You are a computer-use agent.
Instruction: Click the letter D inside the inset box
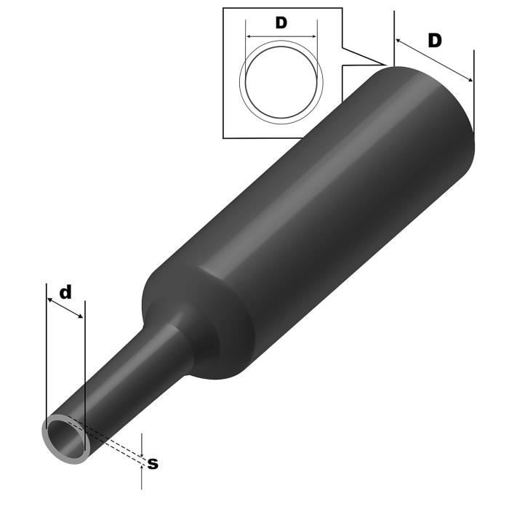point(281,23)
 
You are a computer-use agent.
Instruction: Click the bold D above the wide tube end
point(434,41)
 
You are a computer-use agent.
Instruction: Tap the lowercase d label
point(65,292)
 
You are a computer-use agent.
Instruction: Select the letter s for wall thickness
point(153,463)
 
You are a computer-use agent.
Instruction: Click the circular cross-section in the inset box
point(281,79)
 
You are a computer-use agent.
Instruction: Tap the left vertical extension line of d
point(46,349)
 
